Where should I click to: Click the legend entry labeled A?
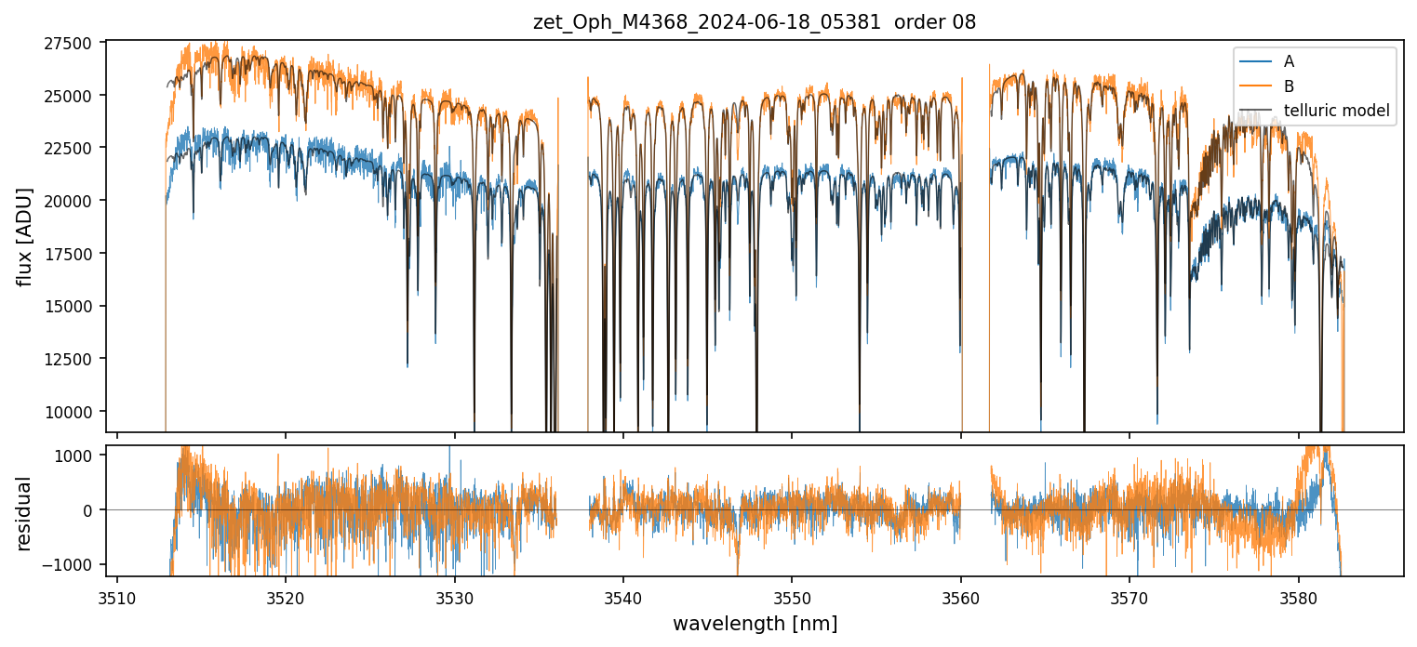[x=1289, y=61]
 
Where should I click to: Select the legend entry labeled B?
[x=1289, y=86]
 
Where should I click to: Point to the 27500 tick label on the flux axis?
[x=68, y=43]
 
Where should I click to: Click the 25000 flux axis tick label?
[x=68, y=96]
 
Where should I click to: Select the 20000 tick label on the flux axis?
[x=68, y=201]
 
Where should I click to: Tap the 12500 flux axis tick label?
[x=68, y=359]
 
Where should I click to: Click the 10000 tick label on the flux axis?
[x=68, y=412]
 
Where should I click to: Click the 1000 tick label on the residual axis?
[x=75, y=456]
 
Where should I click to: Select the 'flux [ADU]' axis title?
[x=25, y=236]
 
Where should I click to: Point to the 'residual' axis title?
[x=25, y=513]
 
